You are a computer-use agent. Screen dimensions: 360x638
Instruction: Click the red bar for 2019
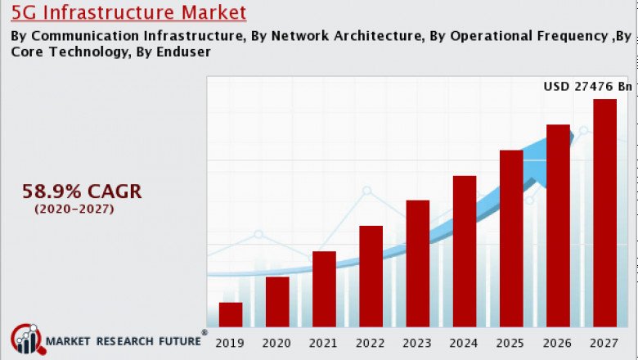click(x=231, y=315)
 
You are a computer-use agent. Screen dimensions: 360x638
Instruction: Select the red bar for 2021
click(x=324, y=289)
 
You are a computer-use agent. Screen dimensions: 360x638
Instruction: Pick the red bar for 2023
click(x=418, y=263)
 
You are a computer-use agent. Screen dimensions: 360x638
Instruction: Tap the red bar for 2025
click(x=511, y=239)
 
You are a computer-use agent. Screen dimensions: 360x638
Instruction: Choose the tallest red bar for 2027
click(x=604, y=213)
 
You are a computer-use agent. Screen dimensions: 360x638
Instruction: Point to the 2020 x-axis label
click(x=277, y=343)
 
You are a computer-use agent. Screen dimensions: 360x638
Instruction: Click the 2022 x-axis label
click(x=371, y=343)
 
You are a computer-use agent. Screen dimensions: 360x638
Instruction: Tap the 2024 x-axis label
click(x=465, y=343)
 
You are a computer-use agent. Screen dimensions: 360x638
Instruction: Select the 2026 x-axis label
click(x=558, y=343)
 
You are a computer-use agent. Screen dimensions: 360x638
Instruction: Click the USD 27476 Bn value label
click(x=588, y=86)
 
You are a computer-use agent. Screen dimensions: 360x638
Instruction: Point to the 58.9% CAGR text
click(x=82, y=191)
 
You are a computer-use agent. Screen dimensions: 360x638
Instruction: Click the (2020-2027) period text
click(x=74, y=209)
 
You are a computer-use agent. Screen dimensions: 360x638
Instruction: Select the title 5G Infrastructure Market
click(x=128, y=13)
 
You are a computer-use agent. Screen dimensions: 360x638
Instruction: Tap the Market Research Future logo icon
click(x=27, y=340)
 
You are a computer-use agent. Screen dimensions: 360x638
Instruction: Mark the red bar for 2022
click(x=371, y=277)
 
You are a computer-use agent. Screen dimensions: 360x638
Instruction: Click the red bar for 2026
click(x=558, y=226)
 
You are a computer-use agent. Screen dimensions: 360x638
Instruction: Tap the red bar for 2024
click(x=465, y=251)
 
